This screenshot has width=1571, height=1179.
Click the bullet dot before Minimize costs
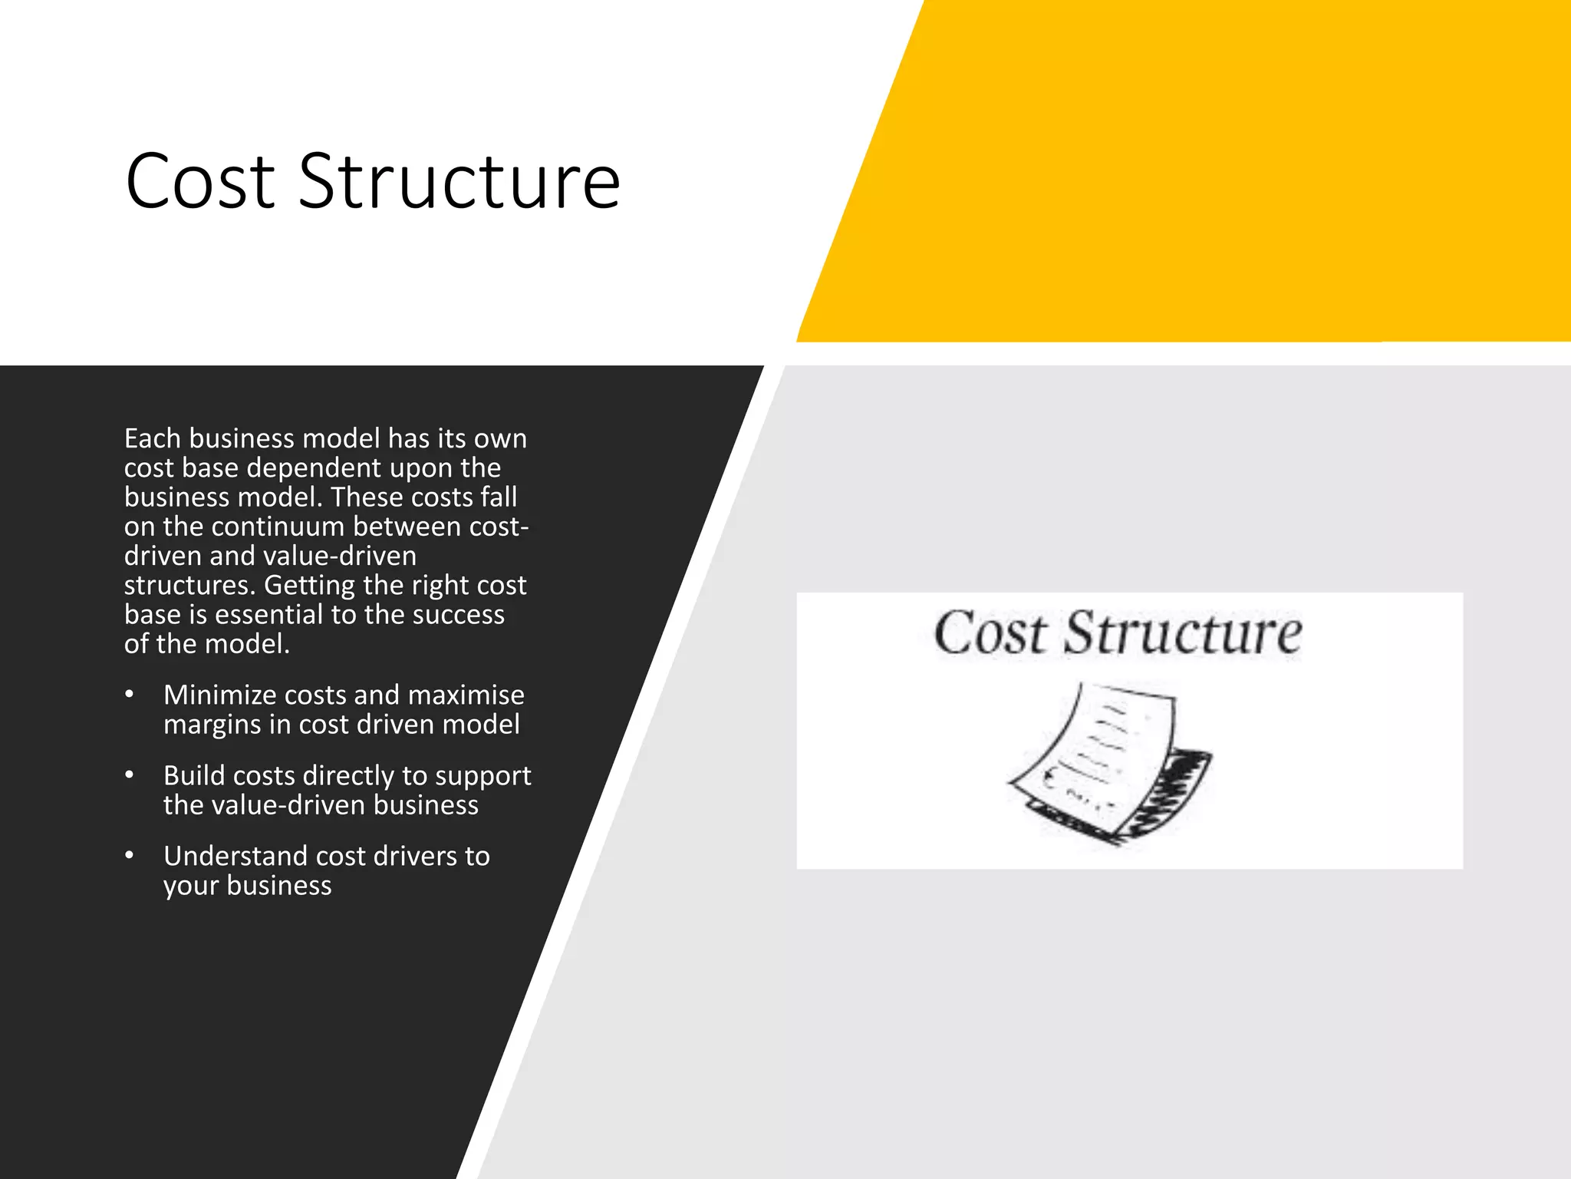[130, 695]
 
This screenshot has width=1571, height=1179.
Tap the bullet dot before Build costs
[130, 775]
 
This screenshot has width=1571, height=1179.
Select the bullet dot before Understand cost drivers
[130, 856]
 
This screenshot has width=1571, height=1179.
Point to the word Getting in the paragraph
[309, 586]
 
